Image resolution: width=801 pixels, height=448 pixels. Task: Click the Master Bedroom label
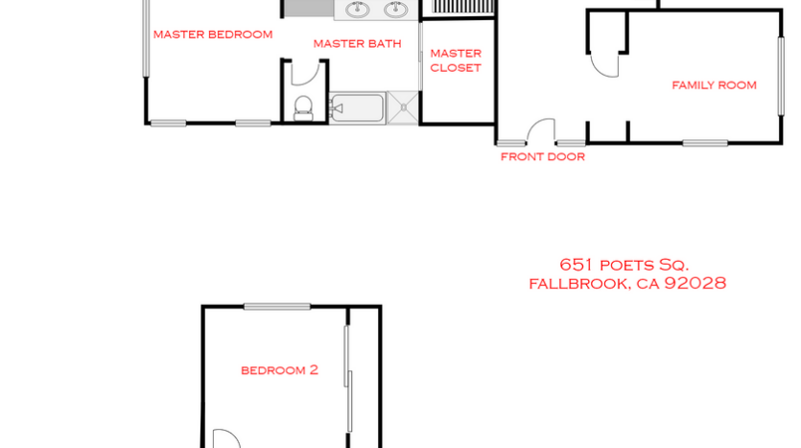tap(213, 35)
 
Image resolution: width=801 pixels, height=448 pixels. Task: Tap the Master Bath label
tap(357, 43)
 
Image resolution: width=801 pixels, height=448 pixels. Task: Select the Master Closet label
tap(456, 60)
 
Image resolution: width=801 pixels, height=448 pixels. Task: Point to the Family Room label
tap(714, 85)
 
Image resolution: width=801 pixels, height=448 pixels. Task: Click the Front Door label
tap(542, 157)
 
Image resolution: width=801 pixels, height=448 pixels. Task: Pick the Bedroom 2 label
tap(279, 369)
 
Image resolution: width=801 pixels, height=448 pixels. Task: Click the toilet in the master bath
tap(303, 106)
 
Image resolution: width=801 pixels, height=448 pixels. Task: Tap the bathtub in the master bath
tap(357, 108)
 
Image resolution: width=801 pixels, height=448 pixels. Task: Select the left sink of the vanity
tap(358, 11)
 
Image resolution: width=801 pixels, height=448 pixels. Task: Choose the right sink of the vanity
tap(395, 11)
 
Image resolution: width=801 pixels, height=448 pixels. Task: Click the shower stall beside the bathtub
tap(403, 108)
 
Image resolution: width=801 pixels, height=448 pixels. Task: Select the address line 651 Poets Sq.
tap(624, 265)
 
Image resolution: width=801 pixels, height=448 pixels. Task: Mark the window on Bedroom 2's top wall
tap(276, 307)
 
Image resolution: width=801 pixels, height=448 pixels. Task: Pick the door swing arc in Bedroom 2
tap(224, 438)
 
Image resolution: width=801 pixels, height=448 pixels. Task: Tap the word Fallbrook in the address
tap(578, 283)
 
